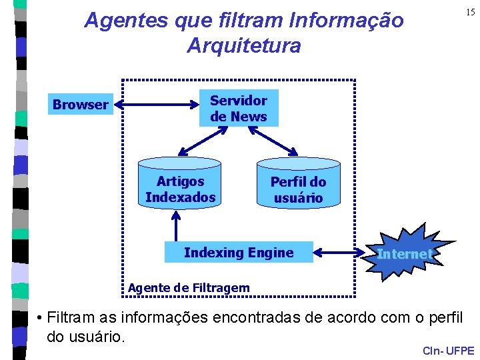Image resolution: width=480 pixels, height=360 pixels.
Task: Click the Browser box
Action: (x=80, y=105)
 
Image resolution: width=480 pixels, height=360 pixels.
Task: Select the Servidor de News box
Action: (x=239, y=109)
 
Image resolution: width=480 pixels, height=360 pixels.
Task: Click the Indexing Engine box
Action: (x=239, y=253)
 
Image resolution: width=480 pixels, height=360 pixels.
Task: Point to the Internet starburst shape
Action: (x=404, y=253)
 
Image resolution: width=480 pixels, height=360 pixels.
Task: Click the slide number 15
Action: (x=471, y=13)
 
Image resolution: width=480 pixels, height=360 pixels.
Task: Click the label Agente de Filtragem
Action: (x=189, y=288)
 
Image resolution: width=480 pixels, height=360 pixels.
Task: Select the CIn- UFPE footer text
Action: (x=448, y=351)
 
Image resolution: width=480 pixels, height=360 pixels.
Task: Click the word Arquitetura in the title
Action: (x=244, y=46)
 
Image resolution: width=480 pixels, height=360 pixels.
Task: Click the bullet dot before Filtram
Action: (x=41, y=317)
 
